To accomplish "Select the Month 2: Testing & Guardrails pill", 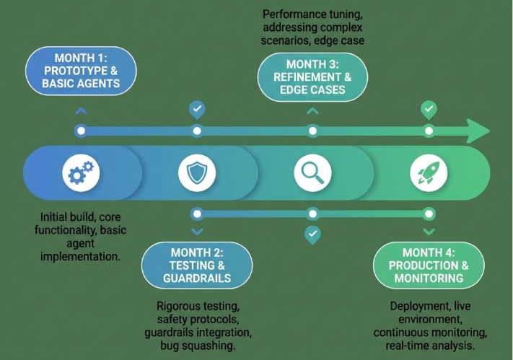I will click(197, 265).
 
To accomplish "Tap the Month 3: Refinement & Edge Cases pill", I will click(312, 78).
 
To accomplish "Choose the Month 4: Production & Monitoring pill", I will click(429, 265).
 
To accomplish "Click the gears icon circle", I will click(81, 173).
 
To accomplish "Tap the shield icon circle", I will click(197, 173).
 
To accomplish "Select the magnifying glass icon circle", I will click(312, 173).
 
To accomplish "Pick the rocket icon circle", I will click(429, 173).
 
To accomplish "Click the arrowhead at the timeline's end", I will click(478, 131).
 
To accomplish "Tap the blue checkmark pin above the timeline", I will click(197, 110).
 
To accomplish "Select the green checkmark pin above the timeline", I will click(429, 110).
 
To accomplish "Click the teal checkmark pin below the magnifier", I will click(312, 234).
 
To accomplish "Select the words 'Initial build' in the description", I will click(69, 216).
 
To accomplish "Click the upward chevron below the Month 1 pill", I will click(82, 111).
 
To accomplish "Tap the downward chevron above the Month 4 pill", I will click(429, 232).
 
